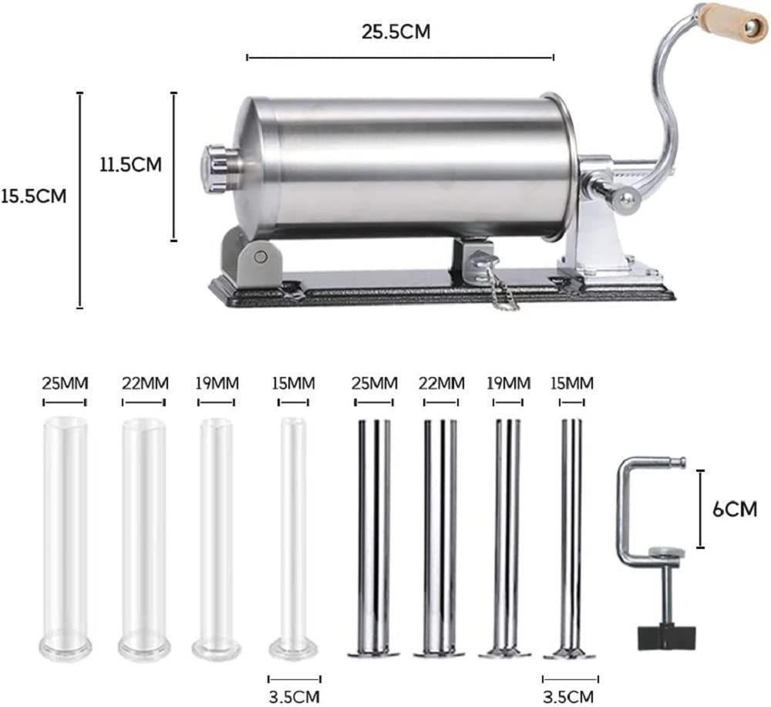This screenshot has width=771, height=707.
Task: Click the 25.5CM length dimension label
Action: (396, 32)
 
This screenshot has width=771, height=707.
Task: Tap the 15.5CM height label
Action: (33, 196)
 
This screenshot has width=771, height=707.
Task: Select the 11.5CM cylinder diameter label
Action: (131, 164)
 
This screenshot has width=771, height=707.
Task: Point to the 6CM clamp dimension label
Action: (735, 510)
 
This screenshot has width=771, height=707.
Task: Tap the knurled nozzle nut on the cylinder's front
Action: (214, 168)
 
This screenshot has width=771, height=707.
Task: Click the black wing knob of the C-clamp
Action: (667, 637)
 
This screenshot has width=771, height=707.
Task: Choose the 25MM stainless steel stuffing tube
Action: (374, 538)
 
